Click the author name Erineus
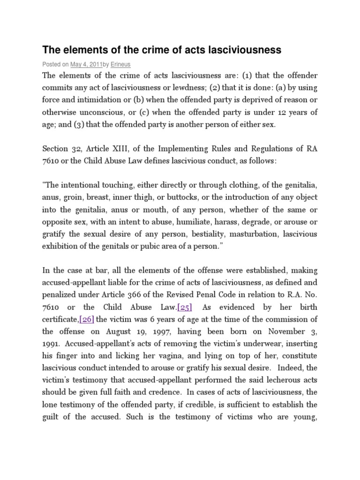(120, 64)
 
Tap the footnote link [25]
(185, 307)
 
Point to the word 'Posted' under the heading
(51, 64)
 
